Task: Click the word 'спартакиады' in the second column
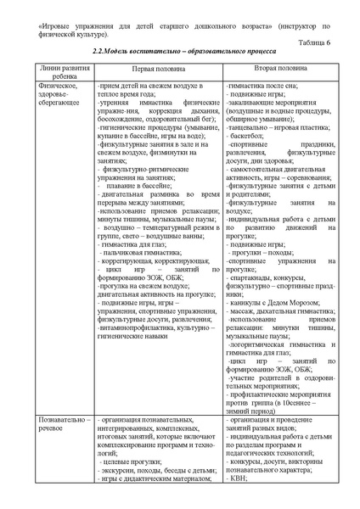[x=256, y=277]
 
